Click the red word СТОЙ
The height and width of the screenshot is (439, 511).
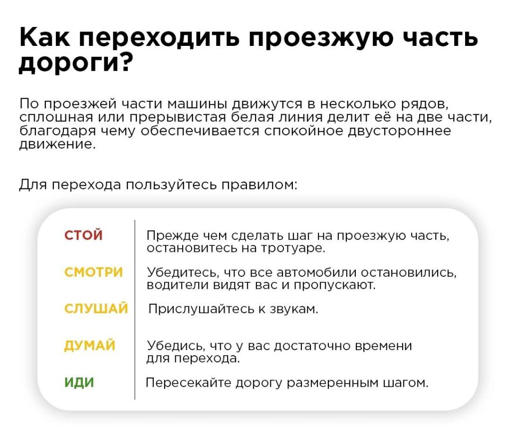(x=83, y=235)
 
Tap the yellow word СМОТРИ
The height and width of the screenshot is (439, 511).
(x=93, y=272)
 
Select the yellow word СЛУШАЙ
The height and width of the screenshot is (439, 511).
(x=96, y=308)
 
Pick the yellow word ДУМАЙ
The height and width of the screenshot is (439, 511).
(x=90, y=346)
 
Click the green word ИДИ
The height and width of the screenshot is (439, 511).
(x=79, y=382)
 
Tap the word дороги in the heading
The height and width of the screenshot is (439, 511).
(x=68, y=63)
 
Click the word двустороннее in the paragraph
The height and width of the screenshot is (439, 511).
(x=400, y=131)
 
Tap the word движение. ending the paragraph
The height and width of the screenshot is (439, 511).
(x=57, y=144)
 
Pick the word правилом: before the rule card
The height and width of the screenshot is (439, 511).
(x=259, y=185)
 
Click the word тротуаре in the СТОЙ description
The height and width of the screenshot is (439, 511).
(x=293, y=248)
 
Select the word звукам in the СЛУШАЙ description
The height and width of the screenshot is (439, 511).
(x=293, y=309)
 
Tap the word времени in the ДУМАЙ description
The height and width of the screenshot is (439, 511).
(x=383, y=346)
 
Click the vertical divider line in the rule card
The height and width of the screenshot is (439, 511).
(x=135, y=310)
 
